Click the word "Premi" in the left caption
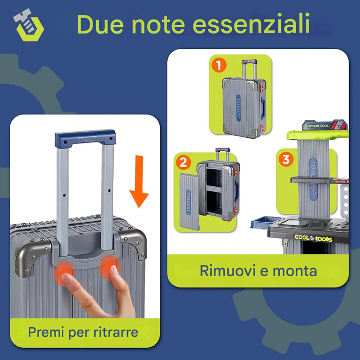click(x=47, y=332)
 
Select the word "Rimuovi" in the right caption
click(x=224, y=270)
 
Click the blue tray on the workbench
click(x=262, y=223)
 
